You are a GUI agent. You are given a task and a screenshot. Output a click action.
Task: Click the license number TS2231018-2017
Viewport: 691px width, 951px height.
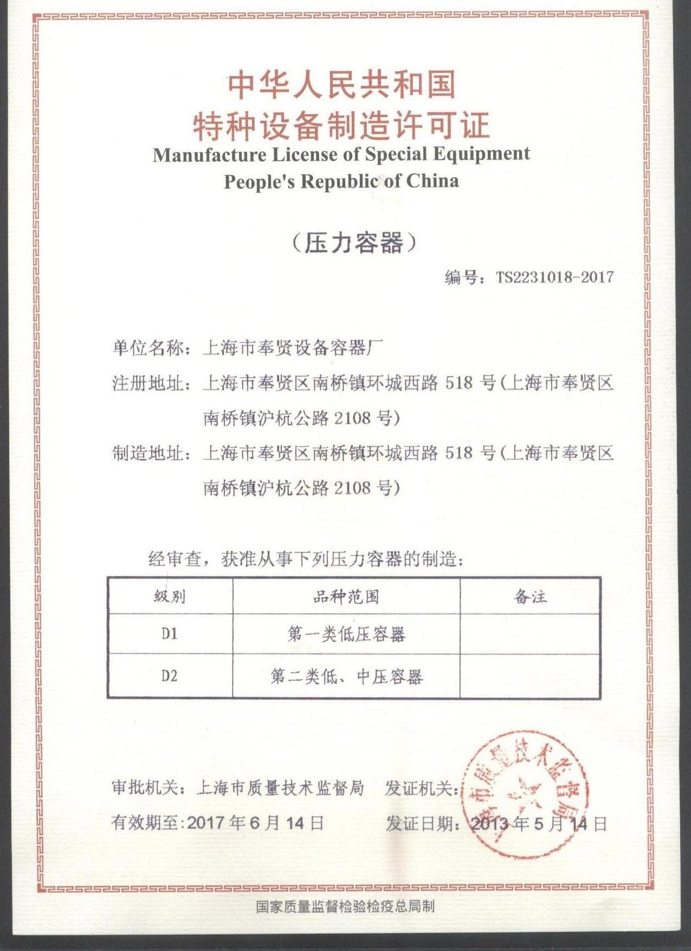tap(554, 277)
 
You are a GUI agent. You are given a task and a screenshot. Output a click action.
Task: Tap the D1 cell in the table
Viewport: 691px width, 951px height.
tap(170, 633)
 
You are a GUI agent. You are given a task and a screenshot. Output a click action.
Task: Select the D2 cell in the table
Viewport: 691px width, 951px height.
tap(170, 676)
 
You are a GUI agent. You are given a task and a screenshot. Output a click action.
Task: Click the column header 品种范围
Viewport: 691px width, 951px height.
tap(346, 597)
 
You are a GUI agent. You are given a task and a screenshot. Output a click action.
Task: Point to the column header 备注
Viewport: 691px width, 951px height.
tap(530, 597)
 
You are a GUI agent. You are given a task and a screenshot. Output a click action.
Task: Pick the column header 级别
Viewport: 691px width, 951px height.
tap(170, 597)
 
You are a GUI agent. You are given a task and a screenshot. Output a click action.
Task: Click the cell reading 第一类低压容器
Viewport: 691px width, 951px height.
tap(346, 634)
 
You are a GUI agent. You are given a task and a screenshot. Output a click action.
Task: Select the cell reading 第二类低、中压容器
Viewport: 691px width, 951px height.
tap(346, 676)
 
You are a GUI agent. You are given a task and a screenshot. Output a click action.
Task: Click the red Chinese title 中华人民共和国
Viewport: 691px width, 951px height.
tap(341, 85)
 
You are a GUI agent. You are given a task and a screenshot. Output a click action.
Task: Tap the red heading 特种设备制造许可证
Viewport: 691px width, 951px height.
tap(341, 125)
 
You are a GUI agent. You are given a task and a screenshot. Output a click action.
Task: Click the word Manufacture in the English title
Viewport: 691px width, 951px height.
tap(209, 155)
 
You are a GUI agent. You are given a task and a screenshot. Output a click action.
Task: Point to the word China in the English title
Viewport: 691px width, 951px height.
tap(432, 180)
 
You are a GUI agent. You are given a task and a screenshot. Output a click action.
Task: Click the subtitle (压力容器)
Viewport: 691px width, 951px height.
tap(354, 243)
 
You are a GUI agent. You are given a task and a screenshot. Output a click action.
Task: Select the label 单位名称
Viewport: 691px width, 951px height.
tap(148, 348)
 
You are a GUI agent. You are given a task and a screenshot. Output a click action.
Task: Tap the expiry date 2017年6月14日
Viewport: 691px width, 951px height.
tap(255, 823)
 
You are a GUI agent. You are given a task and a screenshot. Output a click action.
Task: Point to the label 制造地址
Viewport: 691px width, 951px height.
tap(148, 453)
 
